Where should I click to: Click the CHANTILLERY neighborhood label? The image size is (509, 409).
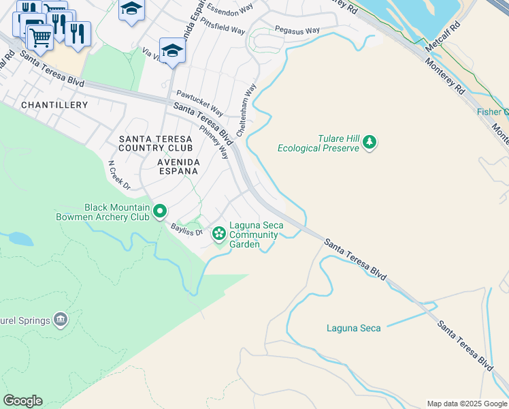click(54, 105)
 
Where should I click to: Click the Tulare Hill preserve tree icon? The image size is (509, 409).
click(370, 142)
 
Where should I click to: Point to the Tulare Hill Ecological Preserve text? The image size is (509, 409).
click(318, 143)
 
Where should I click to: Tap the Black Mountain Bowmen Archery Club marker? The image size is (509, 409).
click(160, 211)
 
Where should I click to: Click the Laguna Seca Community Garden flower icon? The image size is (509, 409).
click(218, 234)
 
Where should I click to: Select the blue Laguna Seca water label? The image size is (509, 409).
click(353, 329)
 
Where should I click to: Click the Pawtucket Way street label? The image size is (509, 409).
click(200, 102)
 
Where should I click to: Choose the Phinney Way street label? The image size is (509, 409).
click(214, 141)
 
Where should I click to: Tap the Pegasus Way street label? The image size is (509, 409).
click(297, 31)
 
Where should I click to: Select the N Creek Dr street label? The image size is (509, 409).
click(119, 175)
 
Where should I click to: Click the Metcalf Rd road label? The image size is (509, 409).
click(442, 36)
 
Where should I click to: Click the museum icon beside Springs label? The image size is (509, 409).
click(61, 319)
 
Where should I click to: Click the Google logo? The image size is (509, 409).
click(22, 401)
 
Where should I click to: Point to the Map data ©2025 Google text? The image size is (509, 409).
click(467, 404)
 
